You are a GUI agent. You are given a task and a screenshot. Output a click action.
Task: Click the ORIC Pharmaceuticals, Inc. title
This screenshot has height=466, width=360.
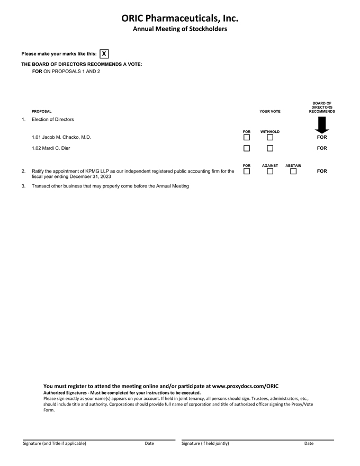coord(179,18)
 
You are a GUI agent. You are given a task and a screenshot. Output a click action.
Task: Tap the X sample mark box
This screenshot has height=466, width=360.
coord(104,53)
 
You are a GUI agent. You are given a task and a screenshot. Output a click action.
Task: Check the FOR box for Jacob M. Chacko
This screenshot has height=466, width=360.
coord(247,138)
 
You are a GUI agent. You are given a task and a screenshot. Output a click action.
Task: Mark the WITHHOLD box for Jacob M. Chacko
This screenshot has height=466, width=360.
coord(270,138)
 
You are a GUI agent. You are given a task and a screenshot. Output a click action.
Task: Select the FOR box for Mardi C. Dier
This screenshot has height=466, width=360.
coord(247,148)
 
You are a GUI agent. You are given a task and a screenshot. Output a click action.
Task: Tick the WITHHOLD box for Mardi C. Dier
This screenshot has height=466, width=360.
coord(270,148)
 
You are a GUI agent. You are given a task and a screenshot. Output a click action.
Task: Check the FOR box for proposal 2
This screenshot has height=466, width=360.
coord(247,172)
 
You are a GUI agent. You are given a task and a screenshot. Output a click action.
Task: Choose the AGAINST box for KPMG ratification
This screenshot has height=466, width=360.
coord(270,172)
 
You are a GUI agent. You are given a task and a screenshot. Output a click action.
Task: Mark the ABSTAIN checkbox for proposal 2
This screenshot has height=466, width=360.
coord(293,172)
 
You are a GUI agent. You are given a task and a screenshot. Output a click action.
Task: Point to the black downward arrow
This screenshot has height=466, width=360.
coord(322,125)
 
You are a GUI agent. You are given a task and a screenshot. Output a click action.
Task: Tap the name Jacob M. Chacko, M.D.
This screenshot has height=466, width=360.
coord(61,137)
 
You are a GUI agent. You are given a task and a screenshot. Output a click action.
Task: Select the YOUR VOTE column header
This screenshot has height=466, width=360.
coord(270,112)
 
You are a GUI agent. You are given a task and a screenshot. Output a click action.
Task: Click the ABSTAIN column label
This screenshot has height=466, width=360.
coord(293,166)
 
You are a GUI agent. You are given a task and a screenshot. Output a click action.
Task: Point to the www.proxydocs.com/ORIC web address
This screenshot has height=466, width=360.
coord(245,386)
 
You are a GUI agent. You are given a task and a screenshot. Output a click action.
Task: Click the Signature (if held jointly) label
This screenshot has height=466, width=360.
coord(205,443)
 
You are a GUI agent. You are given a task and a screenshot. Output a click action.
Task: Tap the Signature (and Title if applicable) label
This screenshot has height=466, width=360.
coord(55,443)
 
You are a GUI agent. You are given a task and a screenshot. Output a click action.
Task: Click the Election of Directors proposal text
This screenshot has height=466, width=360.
coord(53,120)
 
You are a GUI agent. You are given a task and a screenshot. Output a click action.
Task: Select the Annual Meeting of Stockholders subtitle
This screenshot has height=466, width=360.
coord(179,29)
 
